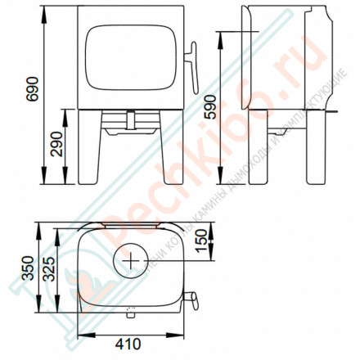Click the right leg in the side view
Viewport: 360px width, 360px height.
(x=313, y=155)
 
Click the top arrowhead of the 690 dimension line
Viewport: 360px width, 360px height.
(x=43, y=11)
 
